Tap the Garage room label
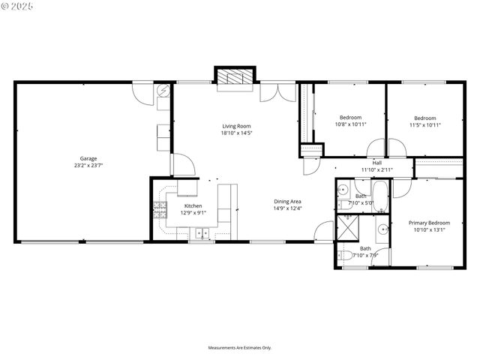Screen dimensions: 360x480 point(88,158)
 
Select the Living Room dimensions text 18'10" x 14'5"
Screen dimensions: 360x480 point(236,133)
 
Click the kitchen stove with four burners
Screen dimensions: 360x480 point(160,209)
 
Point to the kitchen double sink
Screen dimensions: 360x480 point(201,234)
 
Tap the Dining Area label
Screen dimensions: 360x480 point(287,201)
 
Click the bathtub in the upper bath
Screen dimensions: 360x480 point(381,197)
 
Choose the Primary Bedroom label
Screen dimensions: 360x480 point(429,223)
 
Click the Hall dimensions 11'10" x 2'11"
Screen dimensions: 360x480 point(376,170)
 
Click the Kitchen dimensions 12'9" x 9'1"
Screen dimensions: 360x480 point(193,213)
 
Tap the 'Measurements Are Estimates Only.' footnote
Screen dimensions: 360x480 point(240,348)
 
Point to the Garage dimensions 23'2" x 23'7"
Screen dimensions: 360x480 point(88,166)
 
